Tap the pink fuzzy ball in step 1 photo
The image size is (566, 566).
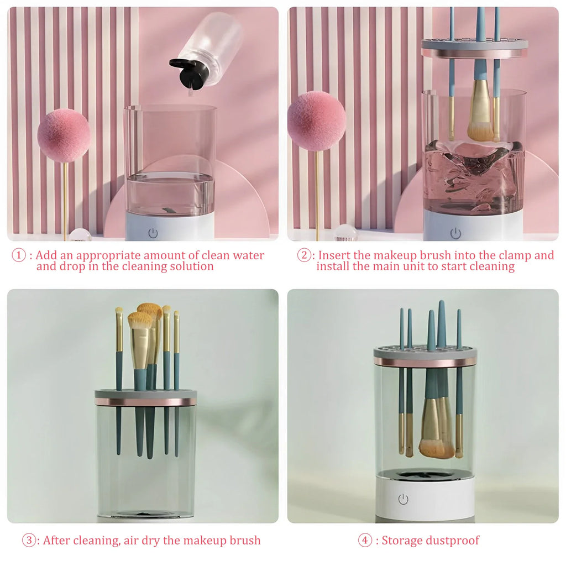click(x=64, y=135)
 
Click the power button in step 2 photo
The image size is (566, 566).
click(x=455, y=233)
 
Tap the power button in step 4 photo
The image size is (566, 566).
click(x=403, y=499)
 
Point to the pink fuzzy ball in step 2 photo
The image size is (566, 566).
click(x=317, y=120)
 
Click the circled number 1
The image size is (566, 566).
click(x=19, y=256)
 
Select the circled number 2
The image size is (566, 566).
click(x=304, y=255)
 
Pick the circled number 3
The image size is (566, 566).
click(x=29, y=541)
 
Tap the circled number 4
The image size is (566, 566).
click(x=365, y=541)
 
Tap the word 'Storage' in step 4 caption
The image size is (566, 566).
click(x=402, y=541)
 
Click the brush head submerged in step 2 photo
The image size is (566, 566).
click(x=480, y=118)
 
